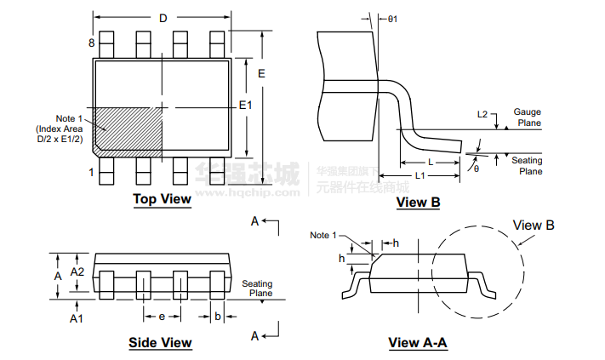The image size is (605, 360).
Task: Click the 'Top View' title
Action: click(162, 199)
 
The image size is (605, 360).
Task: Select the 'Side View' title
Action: click(160, 343)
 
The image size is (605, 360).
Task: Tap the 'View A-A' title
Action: click(417, 343)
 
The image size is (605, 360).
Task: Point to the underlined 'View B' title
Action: click(418, 202)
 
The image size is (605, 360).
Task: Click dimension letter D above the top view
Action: click(163, 18)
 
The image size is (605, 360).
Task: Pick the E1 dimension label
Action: click(245, 105)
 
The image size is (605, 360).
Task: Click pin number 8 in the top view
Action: click(90, 43)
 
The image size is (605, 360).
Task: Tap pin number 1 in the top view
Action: click(91, 172)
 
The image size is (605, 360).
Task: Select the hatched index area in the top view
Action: click(128, 128)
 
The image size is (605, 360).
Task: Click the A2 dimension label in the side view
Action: click(77, 271)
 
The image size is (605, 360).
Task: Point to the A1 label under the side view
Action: click(77, 317)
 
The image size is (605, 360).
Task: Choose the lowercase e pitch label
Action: click(162, 317)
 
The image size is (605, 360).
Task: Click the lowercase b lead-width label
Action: click(218, 317)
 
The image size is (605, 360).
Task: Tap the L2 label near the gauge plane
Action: click(482, 114)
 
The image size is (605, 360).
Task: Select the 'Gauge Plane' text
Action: click(527, 117)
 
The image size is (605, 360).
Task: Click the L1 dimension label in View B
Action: click(420, 175)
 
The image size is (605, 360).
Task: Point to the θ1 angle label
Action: click(392, 18)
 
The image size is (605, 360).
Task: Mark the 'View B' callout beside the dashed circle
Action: click(534, 226)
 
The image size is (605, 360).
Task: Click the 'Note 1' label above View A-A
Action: click(323, 235)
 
